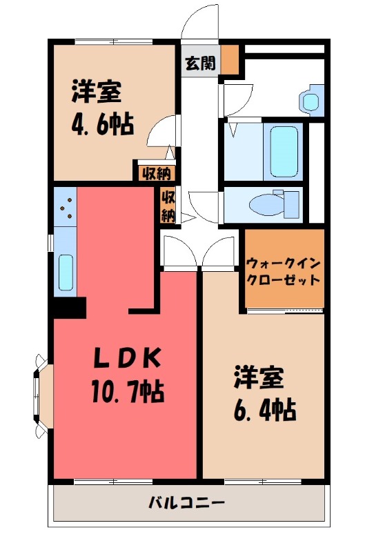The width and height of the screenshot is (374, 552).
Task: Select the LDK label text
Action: (x=128, y=359)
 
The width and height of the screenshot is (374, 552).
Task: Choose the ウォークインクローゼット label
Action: (x=284, y=271)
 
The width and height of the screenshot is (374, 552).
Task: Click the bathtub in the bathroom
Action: (x=284, y=151)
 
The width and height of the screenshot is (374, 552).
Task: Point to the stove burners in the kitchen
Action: (x=66, y=206)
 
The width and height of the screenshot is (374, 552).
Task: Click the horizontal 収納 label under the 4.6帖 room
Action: (x=154, y=172)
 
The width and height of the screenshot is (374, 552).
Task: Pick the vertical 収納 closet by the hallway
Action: (x=168, y=205)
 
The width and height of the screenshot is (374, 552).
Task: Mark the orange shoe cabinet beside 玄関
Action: (x=230, y=60)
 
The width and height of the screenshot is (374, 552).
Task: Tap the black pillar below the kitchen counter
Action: (x=69, y=306)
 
